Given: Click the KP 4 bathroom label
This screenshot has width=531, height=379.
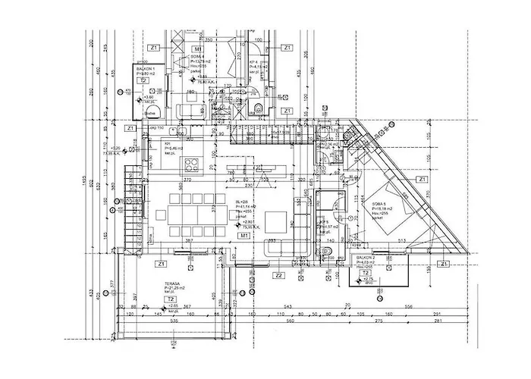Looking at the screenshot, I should tap(256, 62).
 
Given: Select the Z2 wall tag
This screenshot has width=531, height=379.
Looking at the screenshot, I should tap(279, 275).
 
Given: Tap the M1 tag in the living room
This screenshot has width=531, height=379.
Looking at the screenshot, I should tap(244, 236).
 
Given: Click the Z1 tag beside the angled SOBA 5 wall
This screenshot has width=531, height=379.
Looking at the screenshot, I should tap(422, 179).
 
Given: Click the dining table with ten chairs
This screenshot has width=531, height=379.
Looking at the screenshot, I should tap(190, 215).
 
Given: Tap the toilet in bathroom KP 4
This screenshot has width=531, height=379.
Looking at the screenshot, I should tap(259, 105).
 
